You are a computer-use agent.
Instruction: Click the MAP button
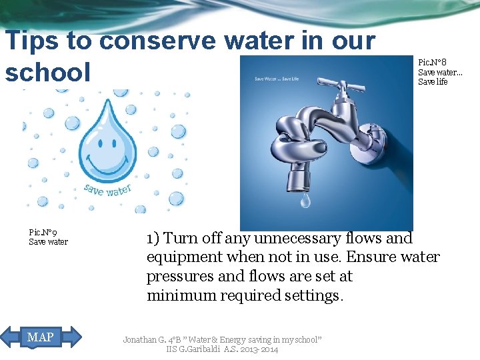[x=41, y=337]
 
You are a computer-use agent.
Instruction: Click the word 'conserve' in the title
[x=159, y=41]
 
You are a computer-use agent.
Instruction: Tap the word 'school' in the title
[x=47, y=71]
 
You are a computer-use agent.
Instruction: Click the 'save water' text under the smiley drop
[x=108, y=189]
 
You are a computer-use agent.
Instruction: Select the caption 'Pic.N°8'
[x=432, y=63]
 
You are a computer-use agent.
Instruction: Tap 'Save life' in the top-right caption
[x=433, y=81]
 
